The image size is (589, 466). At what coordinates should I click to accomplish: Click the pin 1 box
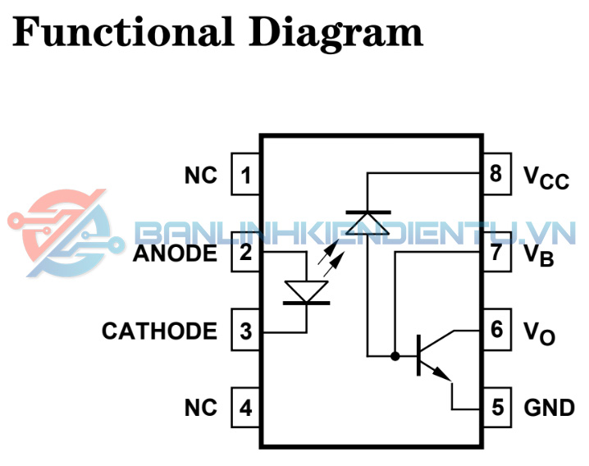[x=246, y=175]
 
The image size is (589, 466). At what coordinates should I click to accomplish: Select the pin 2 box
[x=246, y=253]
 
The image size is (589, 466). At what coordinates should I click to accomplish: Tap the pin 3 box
[x=246, y=331]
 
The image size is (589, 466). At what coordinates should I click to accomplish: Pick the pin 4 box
[x=246, y=408]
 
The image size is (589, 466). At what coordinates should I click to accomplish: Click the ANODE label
[x=176, y=253]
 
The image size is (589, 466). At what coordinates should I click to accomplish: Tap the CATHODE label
[x=160, y=331]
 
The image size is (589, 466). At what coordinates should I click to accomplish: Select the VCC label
[x=546, y=176]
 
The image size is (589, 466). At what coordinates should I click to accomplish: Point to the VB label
[x=539, y=254]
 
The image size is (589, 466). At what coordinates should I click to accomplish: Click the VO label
[x=539, y=332]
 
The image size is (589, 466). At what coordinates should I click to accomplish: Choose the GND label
[x=549, y=408]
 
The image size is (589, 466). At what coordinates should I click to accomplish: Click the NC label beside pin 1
[x=201, y=175]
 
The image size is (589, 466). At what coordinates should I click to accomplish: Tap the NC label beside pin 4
[x=201, y=408]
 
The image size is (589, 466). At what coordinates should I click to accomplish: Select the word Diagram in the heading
[x=337, y=33]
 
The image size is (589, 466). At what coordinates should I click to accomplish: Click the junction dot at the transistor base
[x=395, y=356]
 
